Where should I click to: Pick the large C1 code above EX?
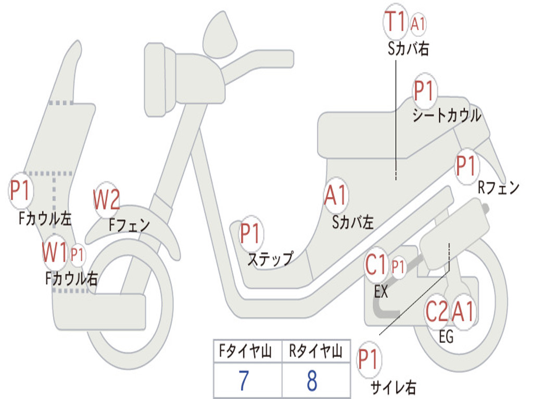point(376,267)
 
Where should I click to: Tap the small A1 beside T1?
point(418,23)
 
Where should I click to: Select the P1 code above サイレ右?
point(369,360)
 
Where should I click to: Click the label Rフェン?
point(499,188)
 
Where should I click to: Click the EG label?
point(446,337)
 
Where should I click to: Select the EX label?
point(381,292)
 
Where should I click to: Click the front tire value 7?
point(244,381)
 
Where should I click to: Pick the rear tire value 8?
point(312,381)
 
